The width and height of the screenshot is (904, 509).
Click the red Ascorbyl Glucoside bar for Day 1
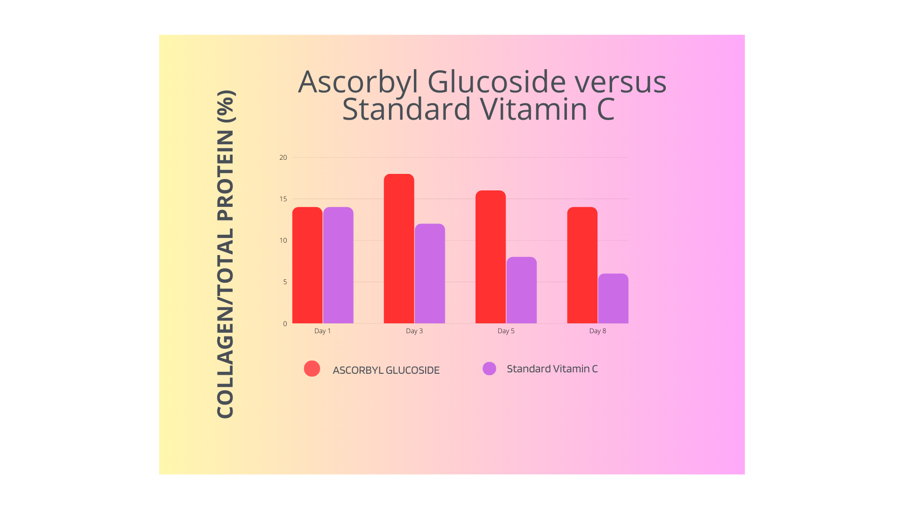(x=307, y=265)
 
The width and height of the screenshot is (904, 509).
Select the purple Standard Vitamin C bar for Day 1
(x=338, y=265)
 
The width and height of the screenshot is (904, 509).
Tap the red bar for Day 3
(x=399, y=249)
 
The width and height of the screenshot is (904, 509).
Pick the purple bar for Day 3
(x=430, y=273)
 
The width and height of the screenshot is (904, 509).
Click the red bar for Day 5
(x=491, y=257)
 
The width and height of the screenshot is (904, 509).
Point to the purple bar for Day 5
(x=521, y=290)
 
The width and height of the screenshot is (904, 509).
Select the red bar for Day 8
(x=582, y=265)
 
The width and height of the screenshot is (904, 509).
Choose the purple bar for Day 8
(x=613, y=298)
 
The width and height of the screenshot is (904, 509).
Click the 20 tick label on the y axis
(x=283, y=157)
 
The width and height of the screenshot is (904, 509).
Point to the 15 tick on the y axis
(x=283, y=199)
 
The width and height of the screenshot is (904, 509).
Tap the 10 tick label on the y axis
(x=283, y=240)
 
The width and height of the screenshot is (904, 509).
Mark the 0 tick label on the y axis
(x=285, y=324)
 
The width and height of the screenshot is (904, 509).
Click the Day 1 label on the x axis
(x=323, y=331)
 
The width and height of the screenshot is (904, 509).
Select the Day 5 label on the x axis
(x=506, y=331)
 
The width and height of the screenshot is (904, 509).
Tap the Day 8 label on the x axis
(x=597, y=331)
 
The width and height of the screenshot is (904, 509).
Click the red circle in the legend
(x=312, y=369)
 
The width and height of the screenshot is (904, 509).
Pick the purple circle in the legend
(x=489, y=369)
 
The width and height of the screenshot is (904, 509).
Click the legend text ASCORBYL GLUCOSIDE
(x=386, y=370)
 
